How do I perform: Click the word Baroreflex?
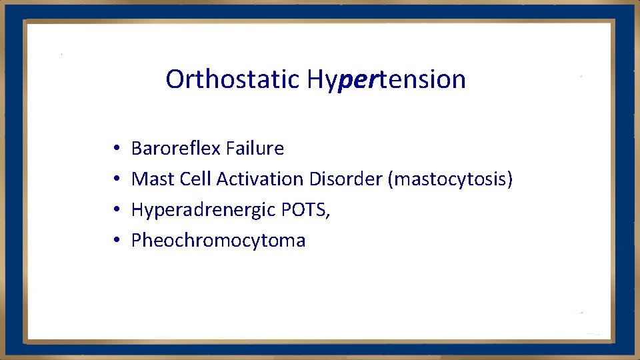click(x=176, y=148)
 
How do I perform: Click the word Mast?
click(x=153, y=179)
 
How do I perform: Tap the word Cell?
click(x=195, y=179)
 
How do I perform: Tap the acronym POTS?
click(x=303, y=209)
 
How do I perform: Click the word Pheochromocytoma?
click(x=218, y=241)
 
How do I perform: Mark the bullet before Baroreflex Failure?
click(x=116, y=149)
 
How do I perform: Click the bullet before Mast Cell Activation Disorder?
click(x=116, y=179)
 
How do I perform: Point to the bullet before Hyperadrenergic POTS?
click(x=116, y=210)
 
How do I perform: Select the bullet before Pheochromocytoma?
click(x=116, y=241)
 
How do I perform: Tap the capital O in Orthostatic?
click(x=175, y=79)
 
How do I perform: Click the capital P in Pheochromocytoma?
click(x=137, y=240)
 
